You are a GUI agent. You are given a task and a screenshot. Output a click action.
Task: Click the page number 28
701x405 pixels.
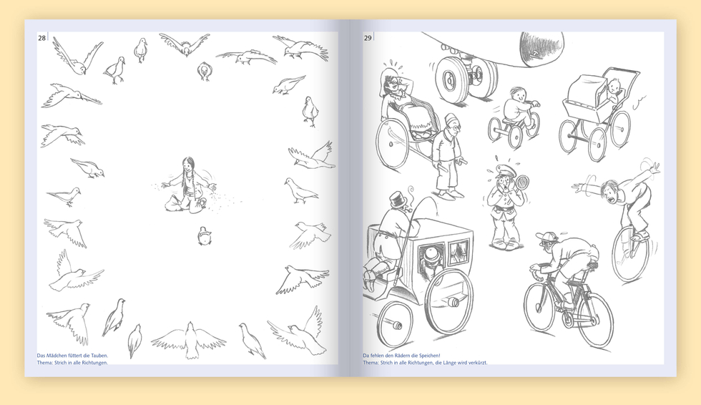[x=41, y=38]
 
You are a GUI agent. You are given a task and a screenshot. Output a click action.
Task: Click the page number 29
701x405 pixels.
[x=368, y=38]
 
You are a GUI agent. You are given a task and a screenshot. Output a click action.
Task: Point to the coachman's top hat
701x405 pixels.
[x=397, y=200]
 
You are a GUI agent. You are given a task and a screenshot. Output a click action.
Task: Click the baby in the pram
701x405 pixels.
[x=614, y=91]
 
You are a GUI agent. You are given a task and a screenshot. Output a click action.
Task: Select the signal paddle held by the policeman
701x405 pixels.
[x=522, y=183]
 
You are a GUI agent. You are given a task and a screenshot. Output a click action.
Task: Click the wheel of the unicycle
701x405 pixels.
[x=629, y=254]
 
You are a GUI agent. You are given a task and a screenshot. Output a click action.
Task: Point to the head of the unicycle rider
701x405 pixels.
[x=609, y=190]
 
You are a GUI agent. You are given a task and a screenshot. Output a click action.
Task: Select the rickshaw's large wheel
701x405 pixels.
[x=392, y=143]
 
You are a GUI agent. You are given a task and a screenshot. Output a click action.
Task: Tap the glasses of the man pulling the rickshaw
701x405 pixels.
[x=454, y=127]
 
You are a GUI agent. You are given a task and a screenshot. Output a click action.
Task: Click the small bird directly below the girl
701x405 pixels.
[x=205, y=235]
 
